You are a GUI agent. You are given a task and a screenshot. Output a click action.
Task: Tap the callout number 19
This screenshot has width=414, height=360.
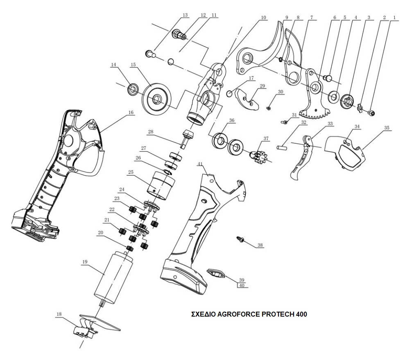click(x=85, y=261)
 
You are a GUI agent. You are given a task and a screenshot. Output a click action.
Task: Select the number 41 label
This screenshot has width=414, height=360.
click(x=200, y=164)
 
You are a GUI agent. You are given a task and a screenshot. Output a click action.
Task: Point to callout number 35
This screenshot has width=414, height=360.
click(x=387, y=128)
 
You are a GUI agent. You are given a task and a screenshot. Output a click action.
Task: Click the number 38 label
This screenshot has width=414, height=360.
click(x=260, y=245)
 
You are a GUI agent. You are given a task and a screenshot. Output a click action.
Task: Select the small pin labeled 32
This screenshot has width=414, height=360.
click(x=283, y=146)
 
